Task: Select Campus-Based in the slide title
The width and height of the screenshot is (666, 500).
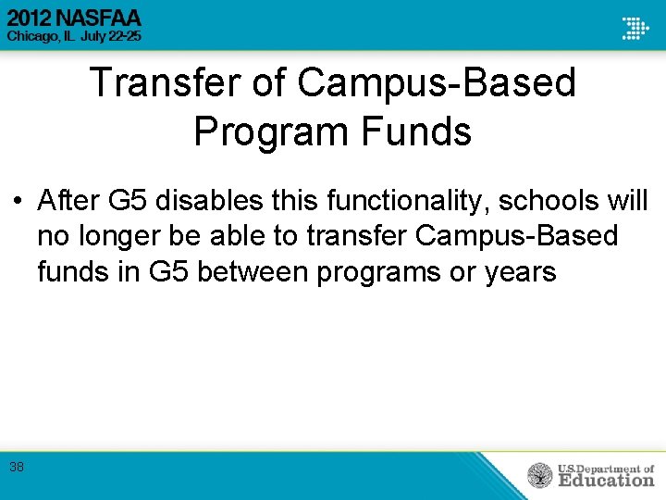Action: point(437,83)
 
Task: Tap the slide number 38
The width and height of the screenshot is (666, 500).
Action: point(17,467)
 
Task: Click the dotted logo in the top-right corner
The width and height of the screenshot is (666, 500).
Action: point(635,27)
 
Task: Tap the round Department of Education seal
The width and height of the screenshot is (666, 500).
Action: point(540,476)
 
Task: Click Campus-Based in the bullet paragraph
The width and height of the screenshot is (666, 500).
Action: point(516,236)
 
